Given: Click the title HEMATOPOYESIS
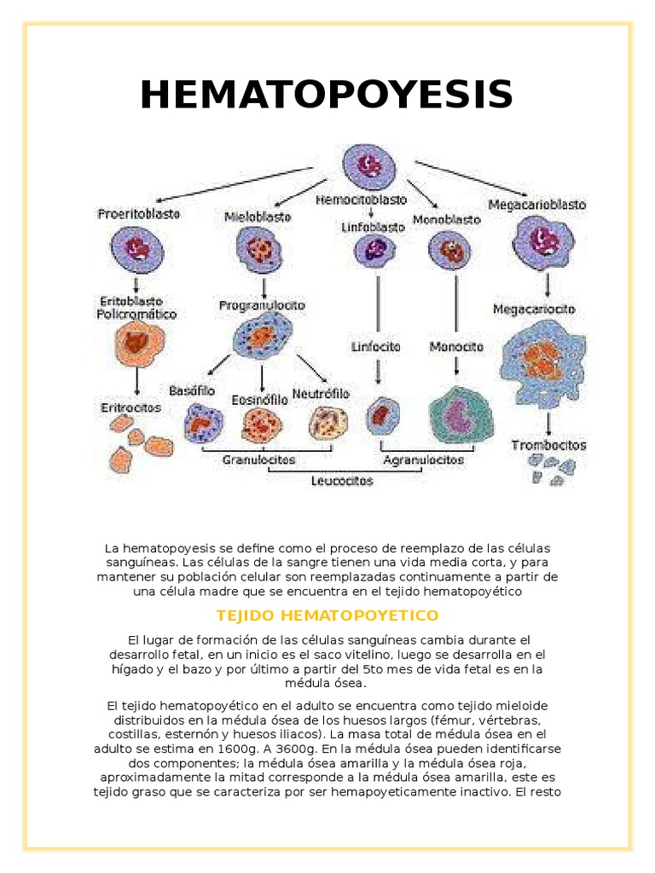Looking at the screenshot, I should (327, 94).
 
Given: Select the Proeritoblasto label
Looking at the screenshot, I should (138, 215).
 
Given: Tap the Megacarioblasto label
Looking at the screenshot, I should (537, 205).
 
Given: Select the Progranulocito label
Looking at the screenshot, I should (263, 304).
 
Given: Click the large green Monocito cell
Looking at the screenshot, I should (461, 418).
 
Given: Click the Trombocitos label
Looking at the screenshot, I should (548, 445).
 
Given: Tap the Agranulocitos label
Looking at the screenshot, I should (424, 460).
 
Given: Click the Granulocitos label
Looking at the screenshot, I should (260, 460).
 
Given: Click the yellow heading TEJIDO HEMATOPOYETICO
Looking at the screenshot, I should (327, 615).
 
